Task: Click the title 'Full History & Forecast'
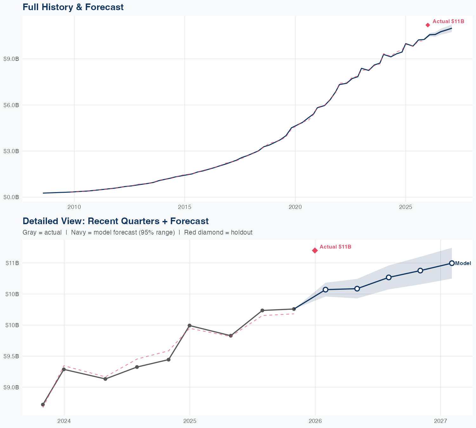pos(73,7)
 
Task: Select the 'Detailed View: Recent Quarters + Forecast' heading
pos(116,221)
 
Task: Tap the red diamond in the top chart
pos(428,25)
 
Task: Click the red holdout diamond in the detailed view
pos(315,250)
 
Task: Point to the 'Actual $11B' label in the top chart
pos(448,22)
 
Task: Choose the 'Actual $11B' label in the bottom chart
pos(335,247)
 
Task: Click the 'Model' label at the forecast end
pos(463,263)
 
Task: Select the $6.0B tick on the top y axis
pos(11,105)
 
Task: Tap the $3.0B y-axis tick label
pos(11,151)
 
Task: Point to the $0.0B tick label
pos(11,197)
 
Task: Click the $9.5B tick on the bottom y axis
pos(11,356)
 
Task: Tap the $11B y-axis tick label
pos(12,263)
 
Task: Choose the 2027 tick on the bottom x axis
pos(440,421)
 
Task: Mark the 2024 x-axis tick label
pos(64,421)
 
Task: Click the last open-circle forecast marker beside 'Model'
pos(452,263)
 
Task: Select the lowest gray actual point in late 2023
pos(43,405)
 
